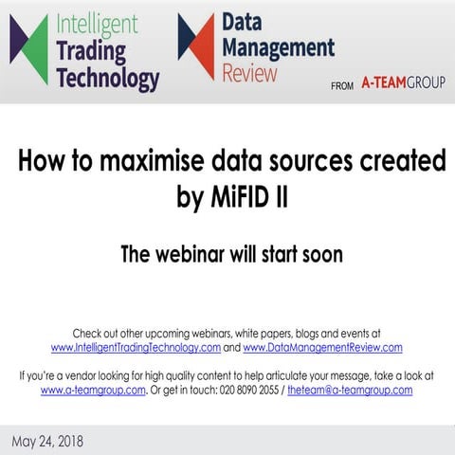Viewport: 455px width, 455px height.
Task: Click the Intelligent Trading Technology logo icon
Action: coord(28,49)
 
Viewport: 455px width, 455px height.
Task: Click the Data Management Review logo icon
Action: coord(196,45)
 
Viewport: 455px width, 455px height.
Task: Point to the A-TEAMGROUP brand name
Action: coord(403,83)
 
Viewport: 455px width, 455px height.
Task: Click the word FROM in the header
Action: coord(342,85)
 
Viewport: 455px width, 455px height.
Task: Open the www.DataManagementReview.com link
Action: coord(322,347)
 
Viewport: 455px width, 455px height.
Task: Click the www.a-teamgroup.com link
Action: coord(93,389)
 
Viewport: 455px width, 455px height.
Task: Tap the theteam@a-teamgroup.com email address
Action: coord(350,389)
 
